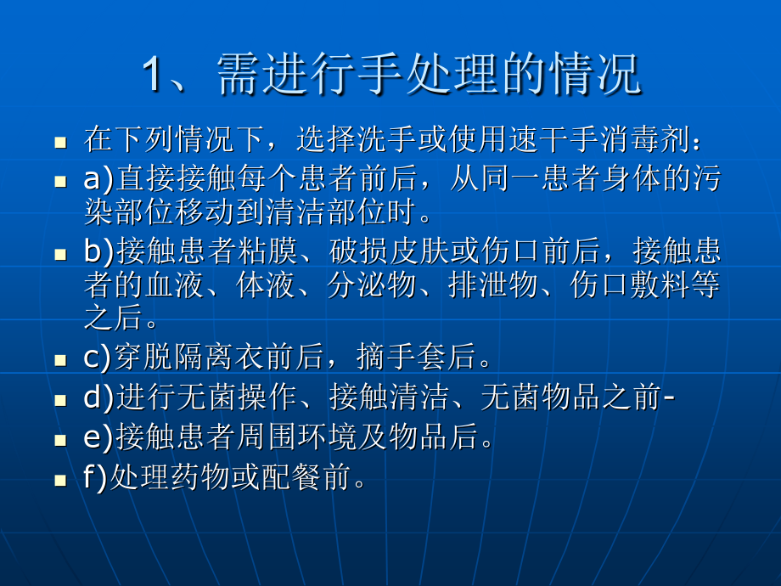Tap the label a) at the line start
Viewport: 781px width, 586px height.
(98, 180)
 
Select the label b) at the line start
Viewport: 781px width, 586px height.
(98, 252)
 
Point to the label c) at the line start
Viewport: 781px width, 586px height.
(98, 357)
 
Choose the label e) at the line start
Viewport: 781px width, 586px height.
(98, 438)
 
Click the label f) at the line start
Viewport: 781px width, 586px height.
(96, 478)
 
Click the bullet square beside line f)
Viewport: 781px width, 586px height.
(60, 480)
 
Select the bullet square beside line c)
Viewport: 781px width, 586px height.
(60, 358)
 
